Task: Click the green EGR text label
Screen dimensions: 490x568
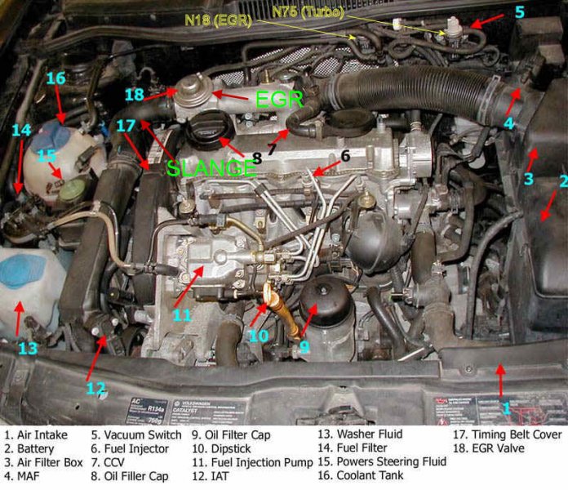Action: pos(279,100)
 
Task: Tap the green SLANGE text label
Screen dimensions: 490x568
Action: pos(211,168)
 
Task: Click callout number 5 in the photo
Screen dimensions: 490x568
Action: pos(518,13)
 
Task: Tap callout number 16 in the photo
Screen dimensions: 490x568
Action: pos(55,79)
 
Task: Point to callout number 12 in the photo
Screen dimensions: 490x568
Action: pos(95,387)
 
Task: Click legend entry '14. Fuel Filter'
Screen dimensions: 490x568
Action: pos(356,448)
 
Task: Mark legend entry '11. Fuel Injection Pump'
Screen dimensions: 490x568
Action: pos(251,462)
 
